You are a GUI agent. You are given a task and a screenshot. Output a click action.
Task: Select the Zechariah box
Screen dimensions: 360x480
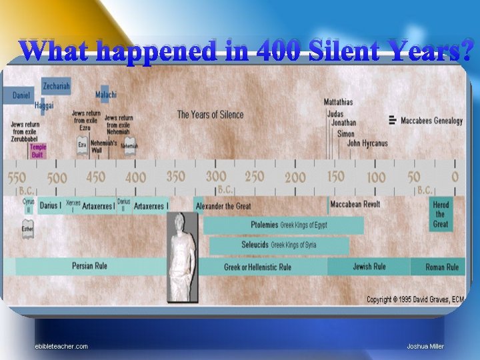pyautogui.click(x=56, y=85)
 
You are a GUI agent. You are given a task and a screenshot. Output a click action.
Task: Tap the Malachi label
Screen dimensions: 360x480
pyautogui.click(x=105, y=95)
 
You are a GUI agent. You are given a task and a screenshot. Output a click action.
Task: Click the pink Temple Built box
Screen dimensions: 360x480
pyautogui.click(x=38, y=151)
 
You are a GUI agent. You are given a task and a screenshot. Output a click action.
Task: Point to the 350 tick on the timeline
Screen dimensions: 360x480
pyautogui.click(x=175, y=177)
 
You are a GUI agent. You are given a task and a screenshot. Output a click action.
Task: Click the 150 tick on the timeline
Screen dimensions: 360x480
pyautogui.click(x=335, y=177)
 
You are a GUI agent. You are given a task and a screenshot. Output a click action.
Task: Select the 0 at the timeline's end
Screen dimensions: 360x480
pyautogui.click(x=455, y=177)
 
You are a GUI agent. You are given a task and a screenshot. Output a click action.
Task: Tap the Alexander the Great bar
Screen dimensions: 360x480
pyautogui.click(x=223, y=206)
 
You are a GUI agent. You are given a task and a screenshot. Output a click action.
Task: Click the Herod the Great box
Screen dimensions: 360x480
pyautogui.click(x=441, y=214)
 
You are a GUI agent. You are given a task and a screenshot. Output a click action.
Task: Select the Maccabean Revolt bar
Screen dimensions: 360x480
pyautogui.click(x=355, y=204)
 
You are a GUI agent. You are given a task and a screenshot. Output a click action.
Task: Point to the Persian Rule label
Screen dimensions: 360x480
pyautogui.click(x=89, y=267)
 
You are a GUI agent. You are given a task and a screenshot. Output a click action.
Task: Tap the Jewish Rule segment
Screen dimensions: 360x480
pyautogui.click(x=369, y=267)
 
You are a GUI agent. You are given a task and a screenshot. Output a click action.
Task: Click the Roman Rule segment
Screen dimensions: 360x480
pyautogui.click(x=442, y=267)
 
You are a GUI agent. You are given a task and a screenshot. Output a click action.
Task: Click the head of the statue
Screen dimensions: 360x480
pyautogui.click(x=181, y=224)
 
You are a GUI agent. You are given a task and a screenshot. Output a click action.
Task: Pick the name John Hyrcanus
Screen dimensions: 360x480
pyautogui.click(x=367, y=143)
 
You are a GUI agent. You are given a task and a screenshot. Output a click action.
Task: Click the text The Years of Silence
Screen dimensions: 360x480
pyautogui.click(x=210, y=115)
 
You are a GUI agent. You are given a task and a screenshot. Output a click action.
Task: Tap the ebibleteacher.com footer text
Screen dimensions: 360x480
pyautogui.click(x=61, y=346)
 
